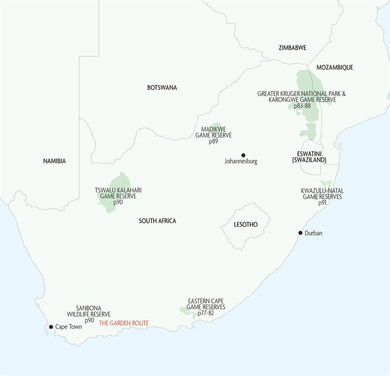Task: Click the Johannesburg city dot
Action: tap(243, 154)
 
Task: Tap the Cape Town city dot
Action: tap(51, 327)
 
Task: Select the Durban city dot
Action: tap(300, 233)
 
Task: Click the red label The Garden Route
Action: tap(124, 323)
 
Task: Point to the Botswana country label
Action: tap(162, 88)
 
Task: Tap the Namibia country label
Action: tap(54, 161)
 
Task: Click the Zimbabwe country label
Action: tap(292, 48)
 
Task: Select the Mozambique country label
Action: tap(334, 68)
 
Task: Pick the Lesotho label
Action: tap(246, 225)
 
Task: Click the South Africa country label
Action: tap(157, 221)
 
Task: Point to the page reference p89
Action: tap(214, 142)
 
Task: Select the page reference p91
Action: tap(322, 203)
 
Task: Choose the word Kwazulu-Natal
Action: tap(322, 191)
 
